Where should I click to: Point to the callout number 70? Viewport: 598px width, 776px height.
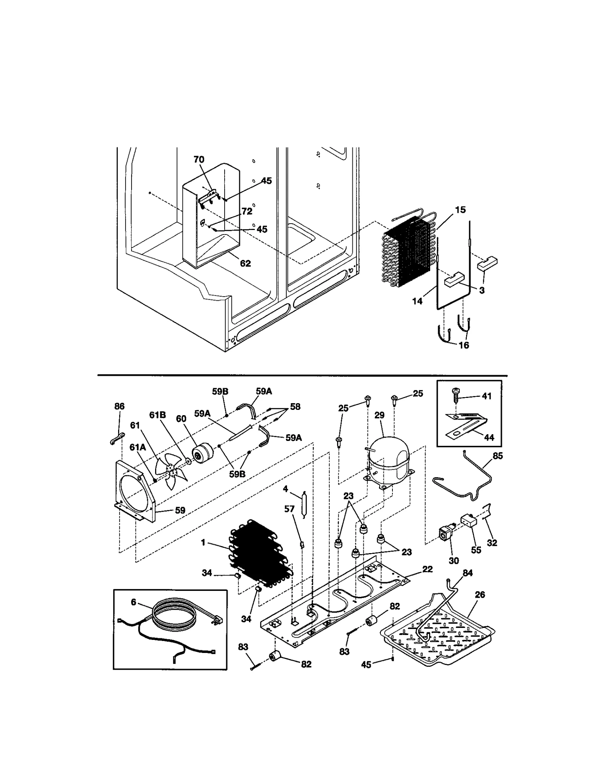199,160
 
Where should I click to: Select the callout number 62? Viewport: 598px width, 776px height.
245,264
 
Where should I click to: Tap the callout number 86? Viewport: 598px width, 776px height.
119,406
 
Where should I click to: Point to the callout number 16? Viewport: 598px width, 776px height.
463,345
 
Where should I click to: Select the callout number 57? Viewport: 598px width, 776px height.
289,509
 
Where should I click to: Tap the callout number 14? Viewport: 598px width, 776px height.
417,301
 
